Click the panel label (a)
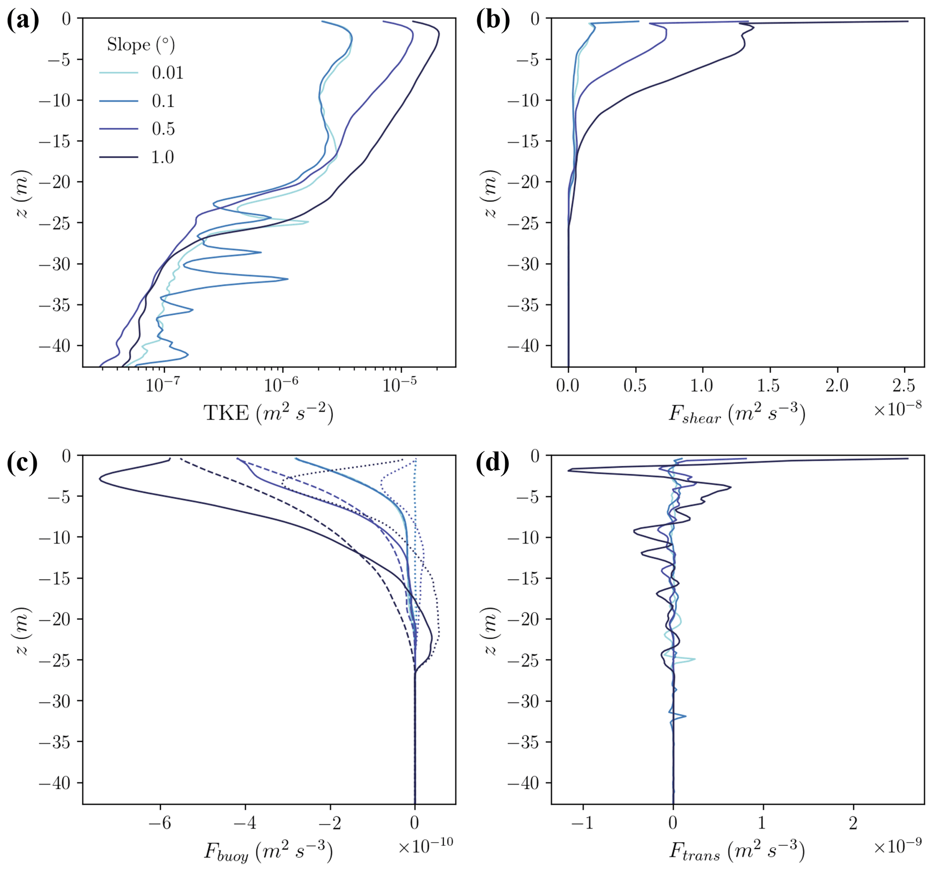pos(23,22)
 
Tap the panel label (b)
pos(493,22)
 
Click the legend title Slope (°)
pos(141,45)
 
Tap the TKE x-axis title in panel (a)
pos(268,413)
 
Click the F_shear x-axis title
pos(737,414)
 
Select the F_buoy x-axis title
pos(268,851)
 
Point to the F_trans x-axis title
pos(737,851)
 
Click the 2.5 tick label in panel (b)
pos(904,386)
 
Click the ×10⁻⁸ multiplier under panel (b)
pos(897,409)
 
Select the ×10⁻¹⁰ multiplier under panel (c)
pos(426,846)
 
